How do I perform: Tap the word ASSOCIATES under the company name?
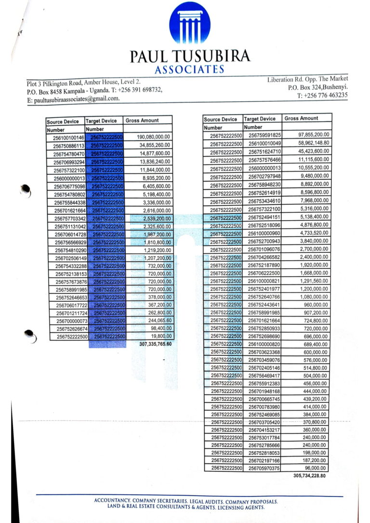(189, 69)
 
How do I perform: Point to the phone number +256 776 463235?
(322, 95)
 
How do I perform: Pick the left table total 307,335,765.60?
(155, 344)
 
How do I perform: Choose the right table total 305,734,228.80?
(309, 475)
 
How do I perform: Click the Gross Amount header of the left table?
(142, 121)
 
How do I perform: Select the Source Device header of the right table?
(220, 119)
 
